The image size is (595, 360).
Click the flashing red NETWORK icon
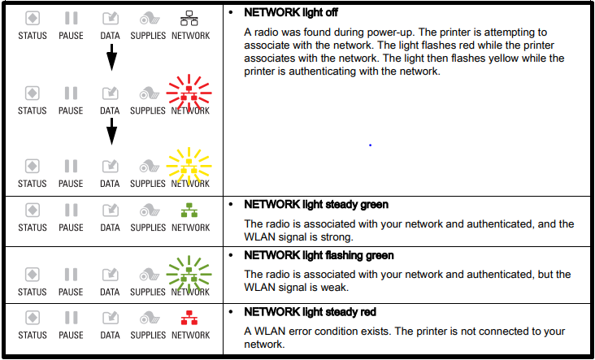189,93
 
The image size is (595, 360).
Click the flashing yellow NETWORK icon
189,167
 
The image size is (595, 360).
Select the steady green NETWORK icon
189,210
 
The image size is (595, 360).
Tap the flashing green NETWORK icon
189,275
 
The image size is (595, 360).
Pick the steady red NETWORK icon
189,318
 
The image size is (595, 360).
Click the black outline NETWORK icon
189,18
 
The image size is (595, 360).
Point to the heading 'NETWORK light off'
291,12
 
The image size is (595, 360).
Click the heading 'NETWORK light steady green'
316,205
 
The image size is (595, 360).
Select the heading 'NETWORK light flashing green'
319,255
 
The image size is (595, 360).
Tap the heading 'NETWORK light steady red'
310,312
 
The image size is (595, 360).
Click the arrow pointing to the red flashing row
111,57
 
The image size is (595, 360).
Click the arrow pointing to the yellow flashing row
111,132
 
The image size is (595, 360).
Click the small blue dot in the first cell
370,145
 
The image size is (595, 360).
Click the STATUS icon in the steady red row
33,318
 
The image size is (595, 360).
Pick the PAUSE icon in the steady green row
71,210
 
